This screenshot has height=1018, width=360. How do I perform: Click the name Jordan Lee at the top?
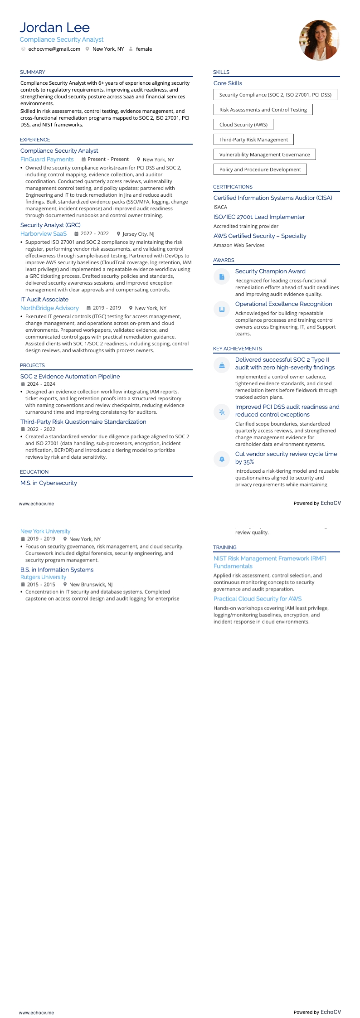54,28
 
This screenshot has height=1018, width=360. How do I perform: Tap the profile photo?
319,40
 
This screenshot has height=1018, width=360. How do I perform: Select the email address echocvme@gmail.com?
54,49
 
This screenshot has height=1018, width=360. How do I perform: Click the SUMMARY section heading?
32,72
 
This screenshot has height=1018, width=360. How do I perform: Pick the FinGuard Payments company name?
47,159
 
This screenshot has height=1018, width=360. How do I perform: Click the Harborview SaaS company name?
44,233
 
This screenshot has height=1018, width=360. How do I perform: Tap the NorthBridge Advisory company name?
49,308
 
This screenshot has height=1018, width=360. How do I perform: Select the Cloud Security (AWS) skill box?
243,125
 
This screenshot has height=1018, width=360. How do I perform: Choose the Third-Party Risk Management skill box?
253,140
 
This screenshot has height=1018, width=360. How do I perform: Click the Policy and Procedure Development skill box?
260,170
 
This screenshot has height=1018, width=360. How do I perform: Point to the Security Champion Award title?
270,271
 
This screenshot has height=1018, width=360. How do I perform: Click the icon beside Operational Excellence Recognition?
222,309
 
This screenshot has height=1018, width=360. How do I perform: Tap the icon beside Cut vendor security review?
222,459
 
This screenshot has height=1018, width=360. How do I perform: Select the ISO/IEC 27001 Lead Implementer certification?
259,217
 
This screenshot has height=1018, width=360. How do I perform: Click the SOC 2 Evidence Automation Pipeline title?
70,376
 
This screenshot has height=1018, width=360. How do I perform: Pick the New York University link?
45,531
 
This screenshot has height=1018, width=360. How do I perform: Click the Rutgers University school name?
43,577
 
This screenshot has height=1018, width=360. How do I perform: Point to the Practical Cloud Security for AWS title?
258,599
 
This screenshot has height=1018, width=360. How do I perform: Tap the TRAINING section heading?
225,548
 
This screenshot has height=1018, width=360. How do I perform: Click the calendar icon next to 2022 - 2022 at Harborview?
77,234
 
